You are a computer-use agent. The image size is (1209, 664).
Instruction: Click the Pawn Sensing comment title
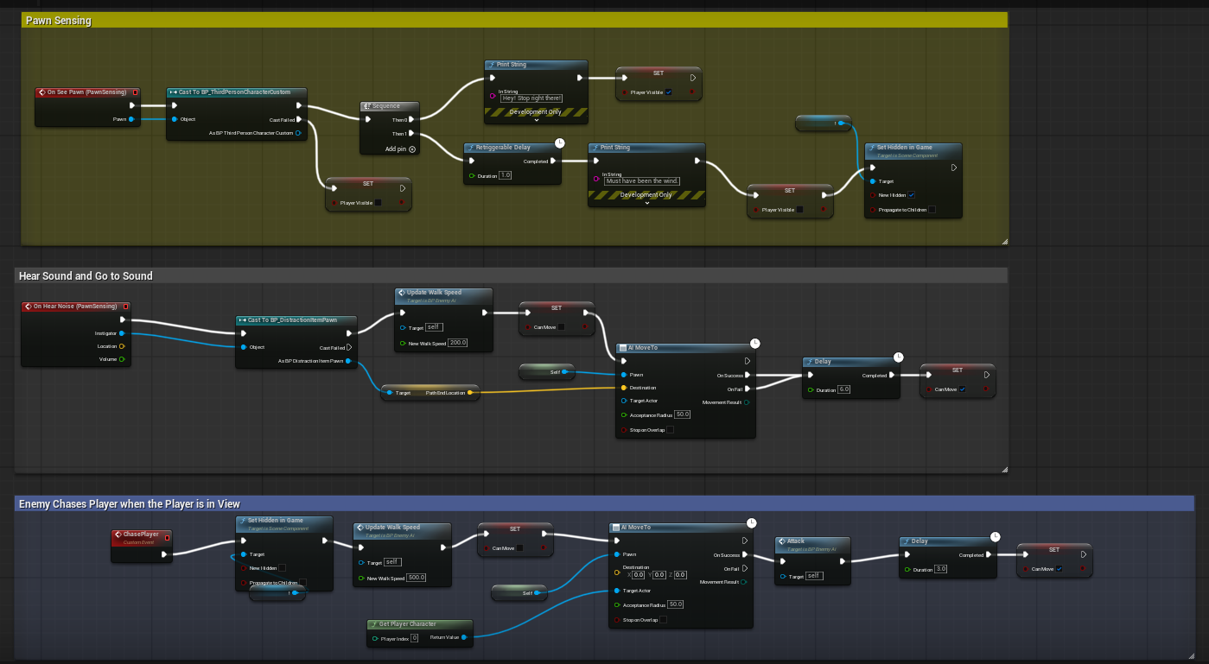(59, 20)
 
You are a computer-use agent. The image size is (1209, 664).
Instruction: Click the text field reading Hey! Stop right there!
(531, 98)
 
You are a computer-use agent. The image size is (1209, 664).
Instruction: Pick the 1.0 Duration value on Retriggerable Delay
(506, 175)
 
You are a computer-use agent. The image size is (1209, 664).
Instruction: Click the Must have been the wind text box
(642, 180)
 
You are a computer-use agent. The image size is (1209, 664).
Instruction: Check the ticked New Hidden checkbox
(911, 195)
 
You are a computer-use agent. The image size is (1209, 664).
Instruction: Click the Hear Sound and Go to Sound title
(86, 276)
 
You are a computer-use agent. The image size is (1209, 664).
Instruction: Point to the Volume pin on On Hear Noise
(121, 359)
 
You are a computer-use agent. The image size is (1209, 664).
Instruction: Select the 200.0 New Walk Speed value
(458, 343)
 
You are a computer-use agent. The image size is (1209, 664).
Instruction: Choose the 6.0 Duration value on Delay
(844, 390)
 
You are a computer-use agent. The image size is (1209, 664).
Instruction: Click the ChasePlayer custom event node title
(141, 534)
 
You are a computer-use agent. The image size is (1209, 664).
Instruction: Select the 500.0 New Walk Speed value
(415, 578)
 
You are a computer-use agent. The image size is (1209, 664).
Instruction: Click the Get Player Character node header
(407, 623)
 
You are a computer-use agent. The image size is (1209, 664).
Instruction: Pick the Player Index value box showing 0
(414, 638)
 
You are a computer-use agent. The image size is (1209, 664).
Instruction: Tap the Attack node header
(795, 541)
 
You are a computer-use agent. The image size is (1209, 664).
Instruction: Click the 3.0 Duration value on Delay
(941, 569)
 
